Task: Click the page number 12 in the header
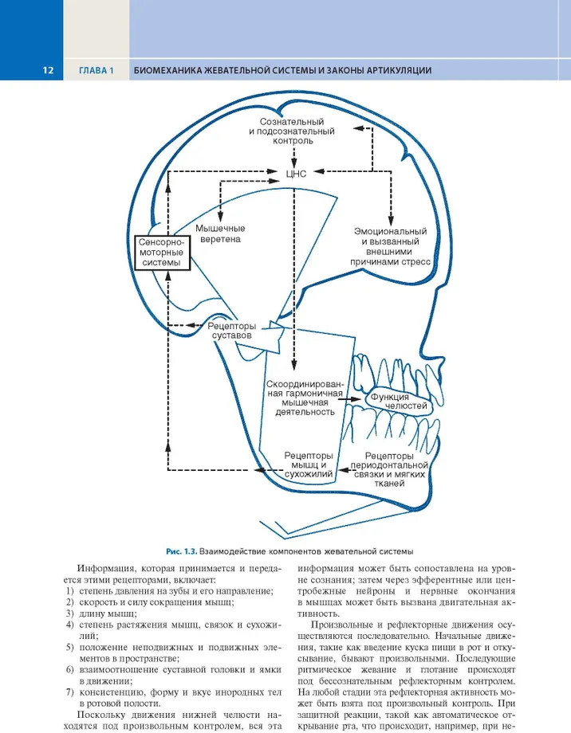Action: point(48,71)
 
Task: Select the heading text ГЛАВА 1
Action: point(96,71)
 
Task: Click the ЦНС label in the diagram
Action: point(296,174)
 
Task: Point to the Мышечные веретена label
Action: point(220,233)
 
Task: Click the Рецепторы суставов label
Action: point(232,331)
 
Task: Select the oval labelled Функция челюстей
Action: point(400,402)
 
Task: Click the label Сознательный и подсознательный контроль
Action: point(292,131)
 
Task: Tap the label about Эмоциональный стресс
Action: point(390,247)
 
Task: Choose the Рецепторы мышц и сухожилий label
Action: point(309,465)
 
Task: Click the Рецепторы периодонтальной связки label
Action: point(389,469)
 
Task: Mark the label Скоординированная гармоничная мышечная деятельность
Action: point(305,398)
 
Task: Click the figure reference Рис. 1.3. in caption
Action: point(182,551)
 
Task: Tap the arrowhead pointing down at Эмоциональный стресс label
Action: point(391,221)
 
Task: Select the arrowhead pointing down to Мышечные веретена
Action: point(220,216)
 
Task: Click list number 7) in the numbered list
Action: point(69,692)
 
